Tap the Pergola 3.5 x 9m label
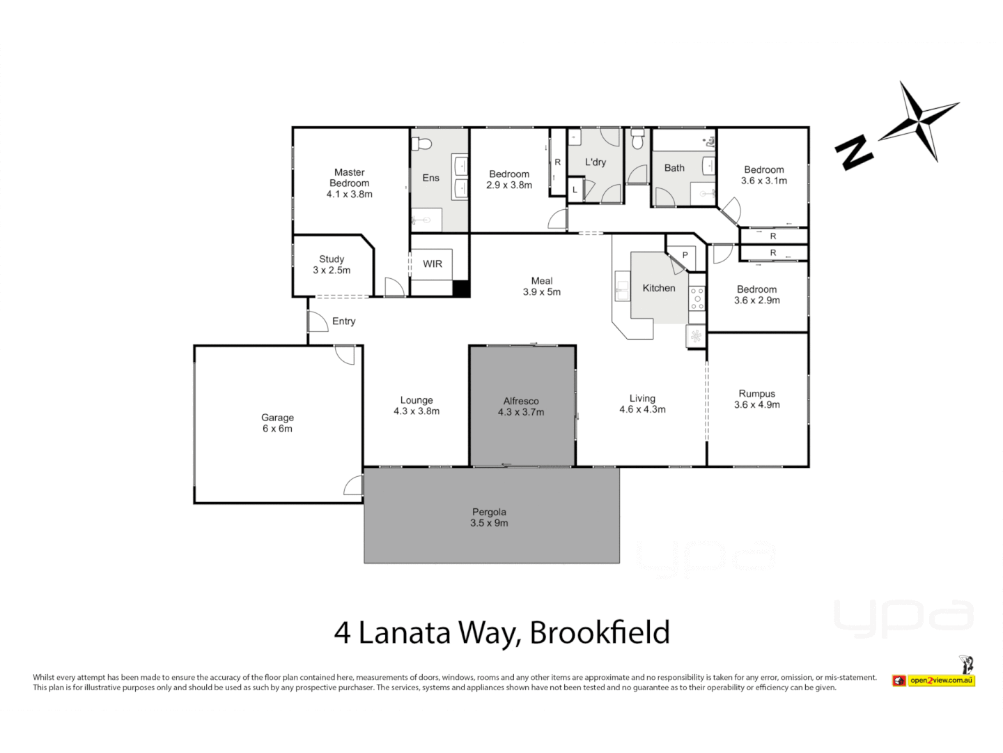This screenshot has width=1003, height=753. pos(489,517)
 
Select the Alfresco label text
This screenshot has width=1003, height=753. pos(521,401)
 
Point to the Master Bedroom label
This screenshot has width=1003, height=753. pos(349,178)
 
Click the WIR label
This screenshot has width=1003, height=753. pos(433,264)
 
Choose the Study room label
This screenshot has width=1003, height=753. pos(332,259)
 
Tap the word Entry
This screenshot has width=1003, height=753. pos(344,321)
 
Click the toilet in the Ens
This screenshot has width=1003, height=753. pos(421,144)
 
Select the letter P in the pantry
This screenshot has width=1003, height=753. pos(685,255)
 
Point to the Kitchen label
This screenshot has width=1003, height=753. pos(659,288)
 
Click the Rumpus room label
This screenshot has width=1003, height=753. pos(757,394)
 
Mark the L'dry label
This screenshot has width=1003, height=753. pos(596,162)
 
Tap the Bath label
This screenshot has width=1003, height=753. pos(674,168)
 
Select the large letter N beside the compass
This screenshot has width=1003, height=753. pos(855,152)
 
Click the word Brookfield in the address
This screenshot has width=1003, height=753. pos(600,633)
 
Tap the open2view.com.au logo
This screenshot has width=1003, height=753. pos(940,680)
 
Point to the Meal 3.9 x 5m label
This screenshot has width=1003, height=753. pos(542,287)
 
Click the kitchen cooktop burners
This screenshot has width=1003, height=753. pos(697,298)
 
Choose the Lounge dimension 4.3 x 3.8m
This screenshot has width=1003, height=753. pos(417,411)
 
